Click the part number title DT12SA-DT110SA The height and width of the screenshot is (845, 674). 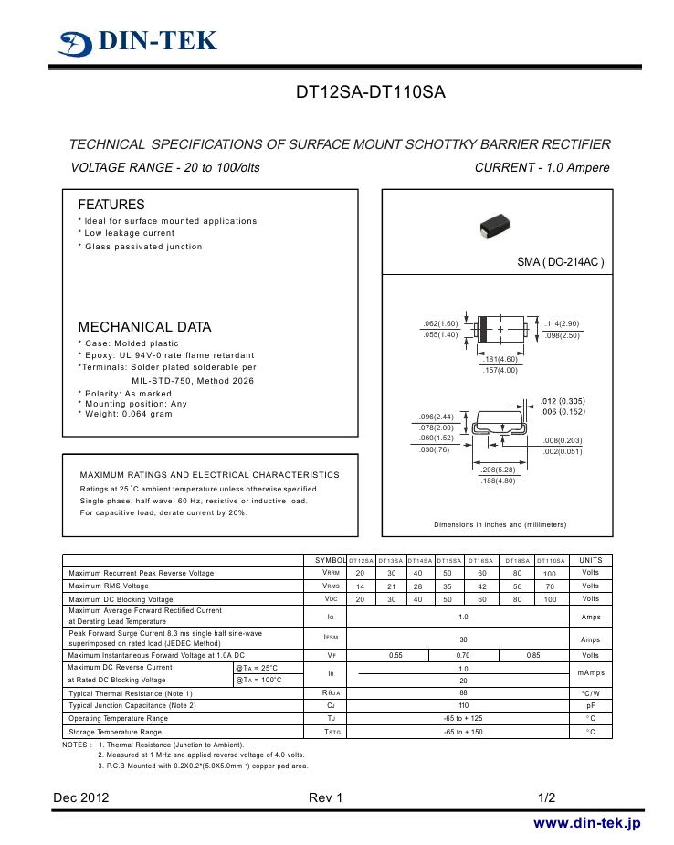pos(370,93)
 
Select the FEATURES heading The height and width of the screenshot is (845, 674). pos(111,205)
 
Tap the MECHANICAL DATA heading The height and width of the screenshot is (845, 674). pos(144,327)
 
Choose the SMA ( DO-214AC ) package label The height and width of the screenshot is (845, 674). pos(560,262)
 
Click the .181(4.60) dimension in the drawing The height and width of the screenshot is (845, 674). pos(500,359)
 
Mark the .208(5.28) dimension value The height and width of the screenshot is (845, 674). pos(499,470)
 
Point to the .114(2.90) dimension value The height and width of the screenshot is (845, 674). pos(562,324)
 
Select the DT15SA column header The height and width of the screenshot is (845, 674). pos(449,560)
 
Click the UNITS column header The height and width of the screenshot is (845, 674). pos(591,559)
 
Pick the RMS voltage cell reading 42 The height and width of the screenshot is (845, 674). pos(482,586)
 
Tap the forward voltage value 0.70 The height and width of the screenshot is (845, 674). pos(463,655)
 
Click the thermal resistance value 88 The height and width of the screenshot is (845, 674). pos(463,693)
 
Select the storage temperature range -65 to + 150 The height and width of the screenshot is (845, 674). pos(463,732)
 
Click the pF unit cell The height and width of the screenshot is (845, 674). pos(591,706)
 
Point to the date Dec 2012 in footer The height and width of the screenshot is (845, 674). pos(81,797)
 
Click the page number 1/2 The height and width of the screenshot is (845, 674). pos(547,797)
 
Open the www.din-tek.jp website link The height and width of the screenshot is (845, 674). pos(586,823)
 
